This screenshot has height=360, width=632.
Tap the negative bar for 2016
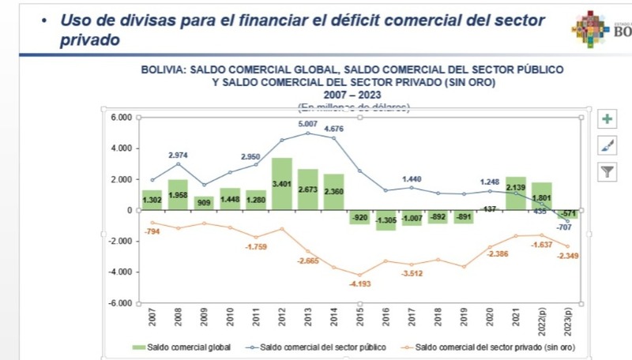pyautogui.click(x=386, y=219)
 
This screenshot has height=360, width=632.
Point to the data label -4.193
pyautogui.click(x=359, y=283)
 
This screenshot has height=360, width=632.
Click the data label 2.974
pyautogui.click(x=179, y=156)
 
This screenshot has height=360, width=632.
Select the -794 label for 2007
pyautogui.click(x=153, y=231)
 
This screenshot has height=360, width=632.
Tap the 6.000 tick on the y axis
pyautogui.click(x=120, y=118)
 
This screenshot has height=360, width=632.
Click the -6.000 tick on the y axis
pyautogui.click(x=118, y=303)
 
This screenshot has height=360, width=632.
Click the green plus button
pyautogui.click(x=607, y=119)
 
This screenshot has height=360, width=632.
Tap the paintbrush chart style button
pyautogui.click(x=607, y=145)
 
